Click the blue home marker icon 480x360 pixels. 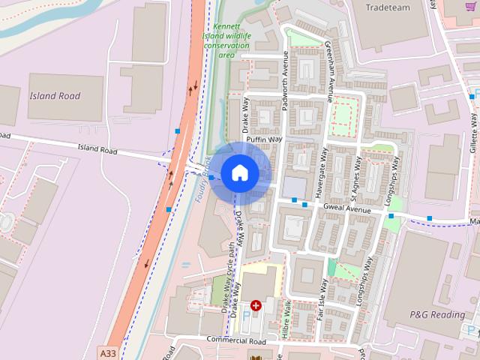click(239, 172)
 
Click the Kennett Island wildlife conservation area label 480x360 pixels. click(226, 40)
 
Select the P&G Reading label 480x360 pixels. click(436, 314)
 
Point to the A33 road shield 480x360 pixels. click(108, 351)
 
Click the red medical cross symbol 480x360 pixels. click(256, 305)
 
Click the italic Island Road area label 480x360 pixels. click(55, 96)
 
